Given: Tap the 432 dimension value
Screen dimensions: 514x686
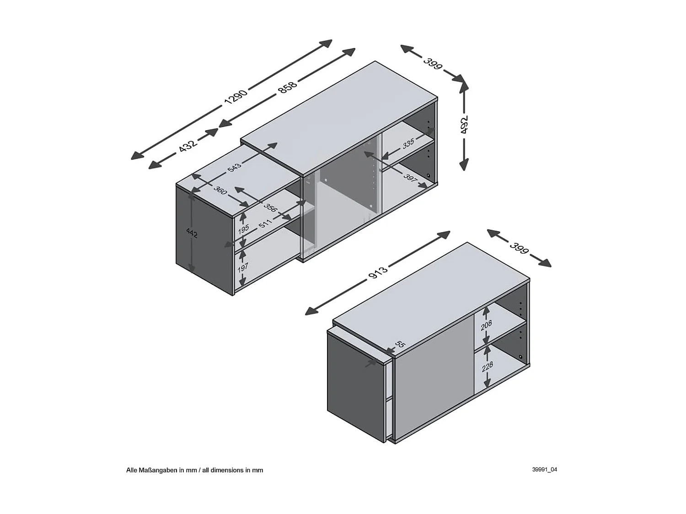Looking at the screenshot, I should (x=188, y=145).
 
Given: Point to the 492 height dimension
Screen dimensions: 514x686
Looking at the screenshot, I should (x=464, y=125).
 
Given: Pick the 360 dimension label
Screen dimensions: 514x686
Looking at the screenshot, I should (x=220, y=190).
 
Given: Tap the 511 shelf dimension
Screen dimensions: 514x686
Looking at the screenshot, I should (x=265, y=223).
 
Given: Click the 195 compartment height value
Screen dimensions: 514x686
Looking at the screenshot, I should (x=243, y=228).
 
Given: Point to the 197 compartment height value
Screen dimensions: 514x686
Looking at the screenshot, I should (x=243, y=267).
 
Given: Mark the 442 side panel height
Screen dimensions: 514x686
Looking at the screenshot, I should (x=192, y=233).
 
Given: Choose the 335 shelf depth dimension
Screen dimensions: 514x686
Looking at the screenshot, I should (x=408, y=143).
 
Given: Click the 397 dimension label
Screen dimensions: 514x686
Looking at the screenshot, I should (x=410, y=178).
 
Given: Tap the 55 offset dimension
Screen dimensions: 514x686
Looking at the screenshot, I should (x=399, y=344).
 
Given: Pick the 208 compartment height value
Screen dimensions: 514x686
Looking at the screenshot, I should (x=486, y=325).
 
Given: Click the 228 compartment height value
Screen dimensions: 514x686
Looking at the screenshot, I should (x=488, y=366).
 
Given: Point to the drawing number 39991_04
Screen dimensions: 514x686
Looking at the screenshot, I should (x=544, y=469).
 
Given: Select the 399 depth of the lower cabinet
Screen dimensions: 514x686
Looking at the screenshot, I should (x=519, y=248).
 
